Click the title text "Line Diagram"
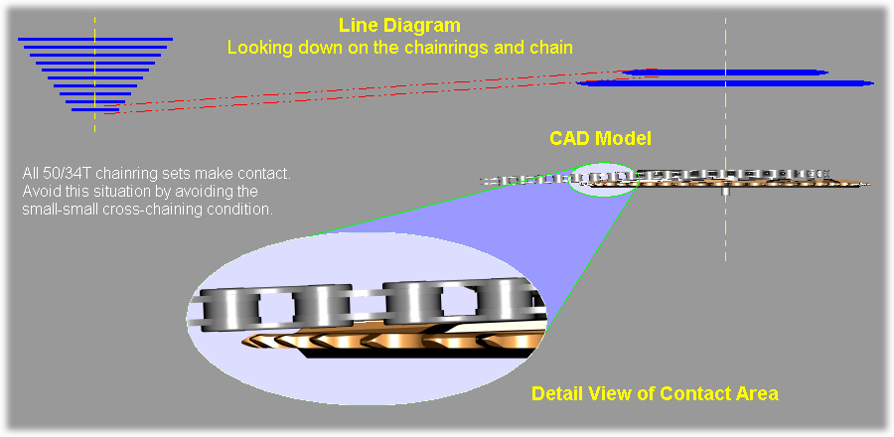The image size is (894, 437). (400, 25)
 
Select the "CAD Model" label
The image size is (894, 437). (601, 138)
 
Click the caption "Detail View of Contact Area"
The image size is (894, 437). (655, 393)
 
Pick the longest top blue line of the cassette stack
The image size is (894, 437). (95, 39)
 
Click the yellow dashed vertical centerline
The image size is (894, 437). (725, 228)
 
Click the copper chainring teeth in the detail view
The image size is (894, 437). (397, 342)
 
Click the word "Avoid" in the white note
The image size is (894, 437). (41, 192)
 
